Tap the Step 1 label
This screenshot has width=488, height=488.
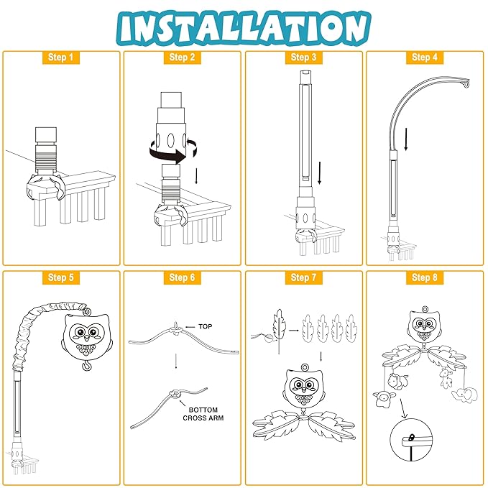coord(60,57)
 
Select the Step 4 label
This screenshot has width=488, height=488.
coord(425,57)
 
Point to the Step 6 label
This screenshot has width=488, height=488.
coord(182,277)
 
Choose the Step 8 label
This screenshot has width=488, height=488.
coord(425,277)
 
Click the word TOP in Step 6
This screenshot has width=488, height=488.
coord(206,326)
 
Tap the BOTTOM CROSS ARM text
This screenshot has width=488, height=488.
coord(203,414)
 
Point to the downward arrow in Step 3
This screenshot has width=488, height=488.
coord(319,173)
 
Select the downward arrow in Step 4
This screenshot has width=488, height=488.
coord(406,139)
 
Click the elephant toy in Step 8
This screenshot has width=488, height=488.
coord(465,395)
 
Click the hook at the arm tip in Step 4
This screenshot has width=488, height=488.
coord(466,83)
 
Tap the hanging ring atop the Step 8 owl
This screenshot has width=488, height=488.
coord(425,309)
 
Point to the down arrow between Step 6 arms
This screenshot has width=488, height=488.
coord(176,361)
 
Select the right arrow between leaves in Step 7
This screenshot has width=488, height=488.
coord(293,330)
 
